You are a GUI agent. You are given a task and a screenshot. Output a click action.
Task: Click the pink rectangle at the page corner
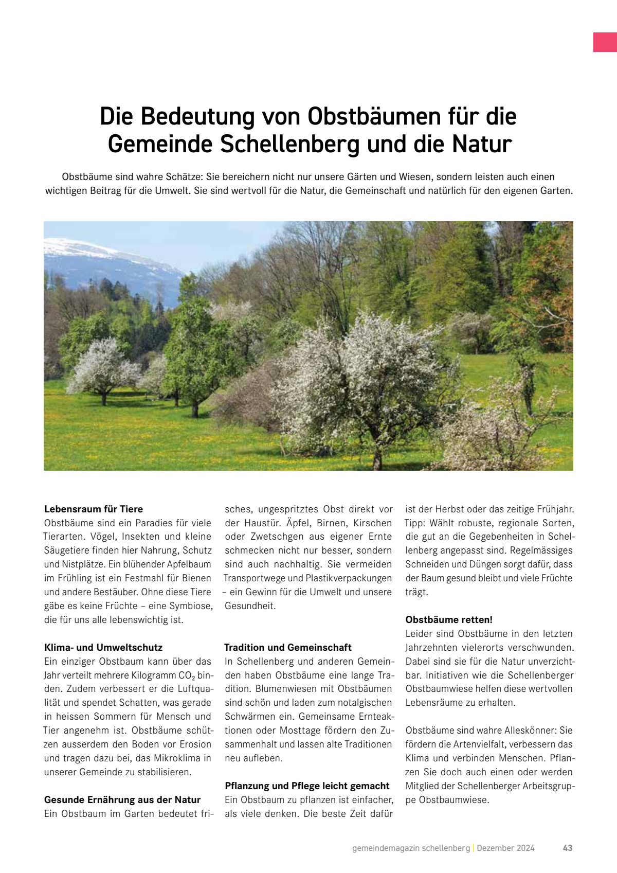605,42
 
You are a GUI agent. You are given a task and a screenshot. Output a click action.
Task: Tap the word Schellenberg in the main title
289,144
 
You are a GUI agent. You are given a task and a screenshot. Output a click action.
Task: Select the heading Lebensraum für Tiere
94,509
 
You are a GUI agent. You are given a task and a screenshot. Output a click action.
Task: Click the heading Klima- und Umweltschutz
103,647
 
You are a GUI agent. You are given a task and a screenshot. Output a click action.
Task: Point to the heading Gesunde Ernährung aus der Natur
122,799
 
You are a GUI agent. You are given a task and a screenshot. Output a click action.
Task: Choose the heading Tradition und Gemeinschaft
288,647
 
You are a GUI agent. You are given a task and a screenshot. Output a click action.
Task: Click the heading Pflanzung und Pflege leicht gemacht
307,786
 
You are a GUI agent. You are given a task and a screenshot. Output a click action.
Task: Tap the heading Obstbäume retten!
449,619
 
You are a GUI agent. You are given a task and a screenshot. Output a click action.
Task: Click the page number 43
568,848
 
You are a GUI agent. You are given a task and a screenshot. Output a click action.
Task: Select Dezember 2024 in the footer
505,848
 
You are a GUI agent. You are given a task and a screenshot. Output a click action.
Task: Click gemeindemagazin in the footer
386,848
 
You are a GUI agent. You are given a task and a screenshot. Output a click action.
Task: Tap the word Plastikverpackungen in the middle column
348,578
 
